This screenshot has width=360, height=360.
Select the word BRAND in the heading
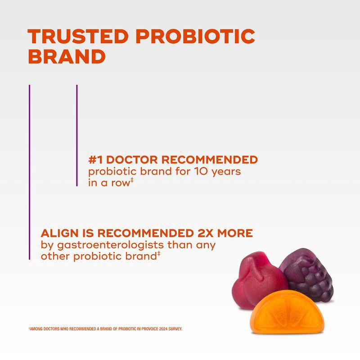click(x=67, y=57)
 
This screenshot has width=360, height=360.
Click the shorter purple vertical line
click(x=77, y=135)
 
